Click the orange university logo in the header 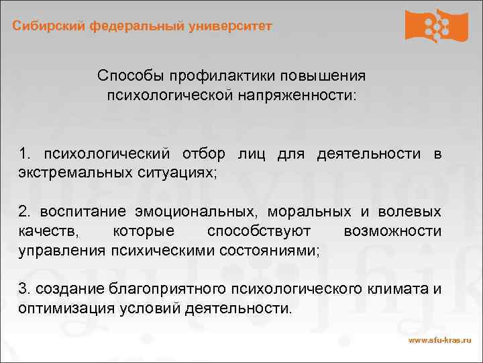coord(437,26)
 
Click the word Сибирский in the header coord(46,26)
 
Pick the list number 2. coord(24,212)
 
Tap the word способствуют coord(259,232)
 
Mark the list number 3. coord(24,290)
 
